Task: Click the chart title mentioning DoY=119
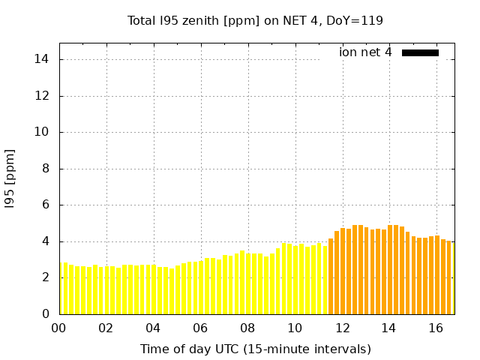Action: pyautogui.click(x=255, y=20)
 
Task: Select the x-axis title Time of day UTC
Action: pyautogui.click(x=255, y=349)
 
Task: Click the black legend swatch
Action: pyautogui.click(x=420, y=52)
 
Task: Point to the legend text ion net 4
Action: pyautogui.click(x=365, y=52)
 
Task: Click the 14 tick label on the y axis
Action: pyautogui.click(x=43, y=59)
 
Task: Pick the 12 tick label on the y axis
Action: pyautogui.click(x=43, y=96)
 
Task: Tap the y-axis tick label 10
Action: pyautogui.click(x=43, y=132)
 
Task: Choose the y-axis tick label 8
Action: pyautogui.click(x=46, y=169)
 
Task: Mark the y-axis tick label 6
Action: pyautogui.click(x=46, y=205)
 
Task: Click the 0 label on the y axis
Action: pyautogui.click(x=46, y=314)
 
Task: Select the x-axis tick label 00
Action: pyautogui.click(x=58, y=328)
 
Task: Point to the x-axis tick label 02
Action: pyautogui.click(x=106, y=328)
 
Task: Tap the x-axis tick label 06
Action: pyautogui.click(x=200, y=328)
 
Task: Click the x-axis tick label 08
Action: pyautogui.click(x=247, y=328)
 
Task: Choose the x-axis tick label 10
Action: pyautogui.click(x=295, y=328)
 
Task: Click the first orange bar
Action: pyautogui.click(x=331, y=277)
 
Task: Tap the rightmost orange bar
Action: pyautogui.click(x=452, y=278)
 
